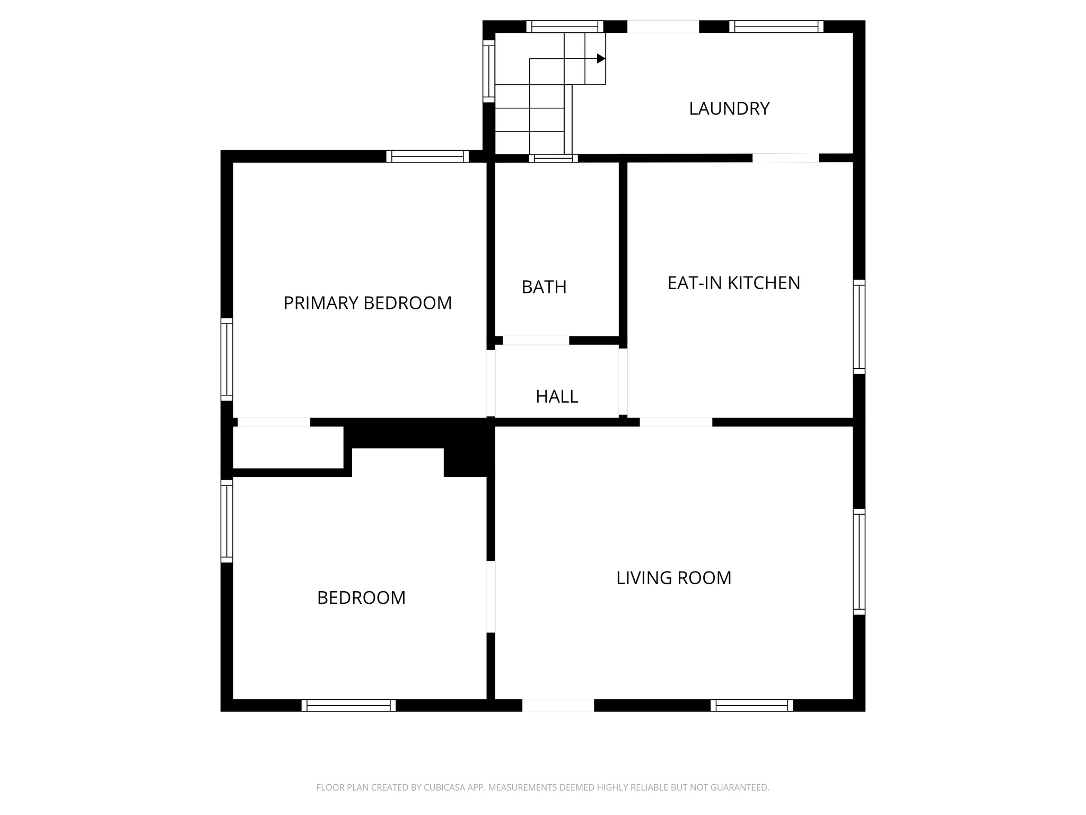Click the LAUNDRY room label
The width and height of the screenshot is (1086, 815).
point(729,108)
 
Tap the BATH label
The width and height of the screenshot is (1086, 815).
point(544,287)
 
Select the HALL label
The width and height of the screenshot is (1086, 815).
point(556,396)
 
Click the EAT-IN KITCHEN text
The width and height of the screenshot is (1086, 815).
point(733,283)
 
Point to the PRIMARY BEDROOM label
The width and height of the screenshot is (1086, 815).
point(367,303)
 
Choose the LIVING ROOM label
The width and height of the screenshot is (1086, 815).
point(673,578)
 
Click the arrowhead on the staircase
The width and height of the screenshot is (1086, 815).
point(601,58)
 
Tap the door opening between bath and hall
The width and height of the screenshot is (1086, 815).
point(536,340)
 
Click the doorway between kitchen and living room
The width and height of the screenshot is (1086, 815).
point(676,422)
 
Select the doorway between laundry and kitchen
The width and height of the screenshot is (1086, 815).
point(785,158)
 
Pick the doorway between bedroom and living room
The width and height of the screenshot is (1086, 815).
point(491,597)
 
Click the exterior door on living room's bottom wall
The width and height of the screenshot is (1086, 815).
point(558,705)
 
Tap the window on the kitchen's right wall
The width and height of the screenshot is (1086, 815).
point(859,327)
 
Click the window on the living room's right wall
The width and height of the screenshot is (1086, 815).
point(859,562)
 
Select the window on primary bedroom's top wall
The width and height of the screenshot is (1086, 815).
point(427,157)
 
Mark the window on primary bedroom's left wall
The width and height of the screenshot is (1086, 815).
point(226,359)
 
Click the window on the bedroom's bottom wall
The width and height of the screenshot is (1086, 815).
point(348,705)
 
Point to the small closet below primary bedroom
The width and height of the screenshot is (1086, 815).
point(288,447)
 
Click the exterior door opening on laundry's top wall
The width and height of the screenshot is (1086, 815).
point(663,27)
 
